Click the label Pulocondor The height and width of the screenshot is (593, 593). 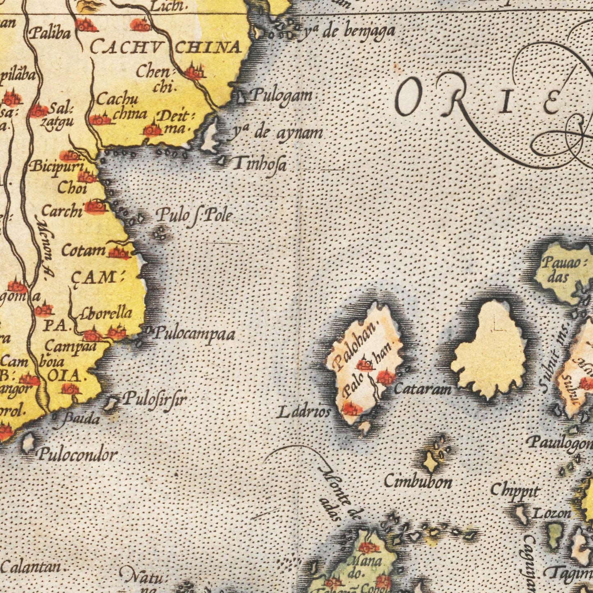[x=78, y=455]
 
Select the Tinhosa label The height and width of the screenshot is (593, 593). [x=259, y=165]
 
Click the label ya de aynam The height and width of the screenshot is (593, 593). [x=278, y=133]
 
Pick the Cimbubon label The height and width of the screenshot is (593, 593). [x=418, y=481]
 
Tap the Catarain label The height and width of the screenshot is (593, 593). [x=423, y=388]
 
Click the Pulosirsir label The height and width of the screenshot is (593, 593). [x=155, y=398]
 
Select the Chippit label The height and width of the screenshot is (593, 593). [x=514, y=490]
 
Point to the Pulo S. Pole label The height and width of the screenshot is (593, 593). [x=195, y=215]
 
